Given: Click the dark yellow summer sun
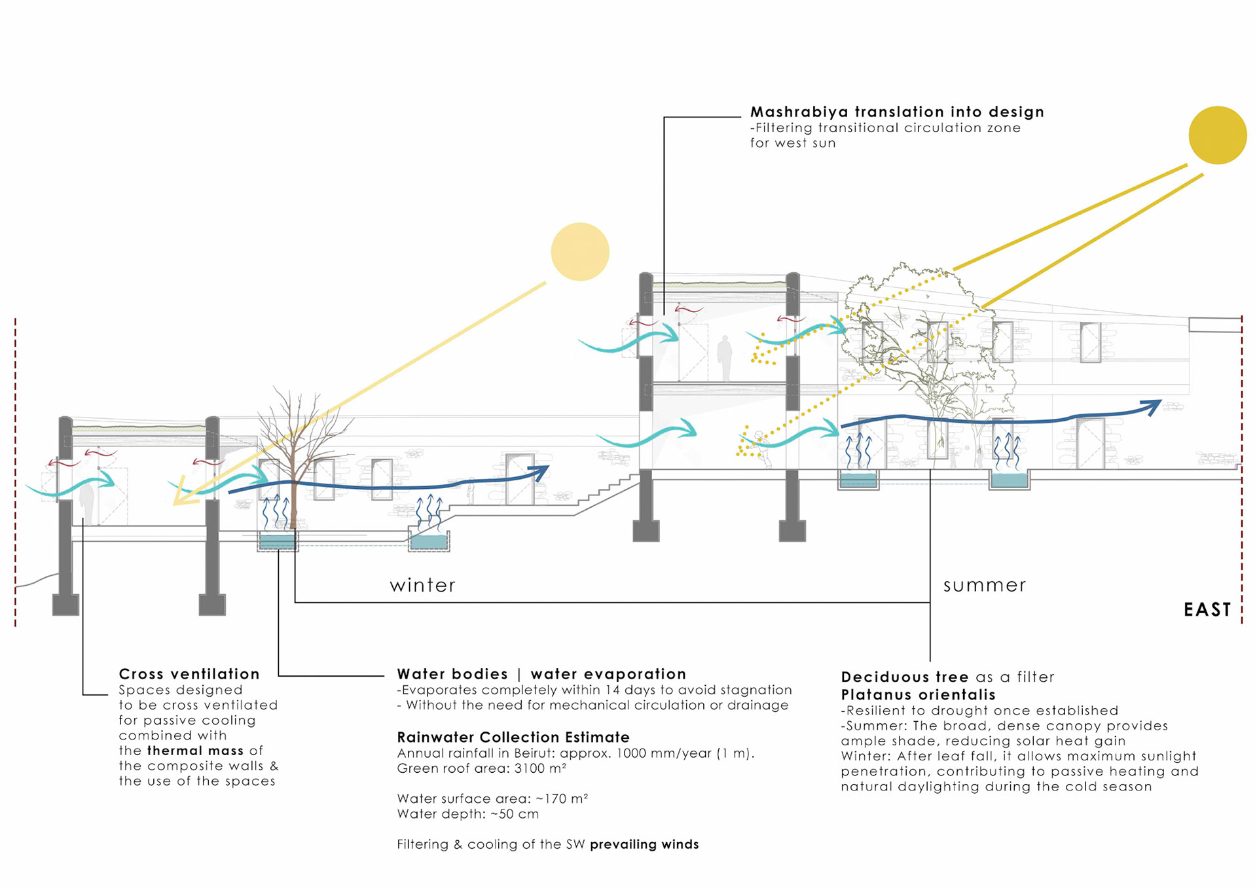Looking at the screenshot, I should coord(1217,135).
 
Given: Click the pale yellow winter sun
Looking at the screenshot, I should coord(580,252).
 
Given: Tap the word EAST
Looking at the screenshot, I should coord(1207,610).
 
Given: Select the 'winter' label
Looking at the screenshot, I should coord(422,585).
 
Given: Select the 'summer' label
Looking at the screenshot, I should coord(984,585).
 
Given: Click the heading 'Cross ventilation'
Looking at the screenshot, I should coord(189,674).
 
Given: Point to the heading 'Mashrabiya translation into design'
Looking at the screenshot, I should coord(896,112).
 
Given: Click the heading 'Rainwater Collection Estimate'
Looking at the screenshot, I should coord(513,737).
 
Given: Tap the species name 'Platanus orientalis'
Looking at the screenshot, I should coord(918,695).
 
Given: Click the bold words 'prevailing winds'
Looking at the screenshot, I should coord(644,844).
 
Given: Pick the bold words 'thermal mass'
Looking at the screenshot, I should coord(195,751).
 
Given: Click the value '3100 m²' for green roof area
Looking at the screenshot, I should coord(540,768).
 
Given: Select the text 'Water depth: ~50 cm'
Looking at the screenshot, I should coord(467,814).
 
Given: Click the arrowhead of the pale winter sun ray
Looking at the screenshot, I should coord(180,499).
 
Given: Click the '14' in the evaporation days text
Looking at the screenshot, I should coord(612,690).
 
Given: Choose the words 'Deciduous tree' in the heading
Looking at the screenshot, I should coord(904,677).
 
